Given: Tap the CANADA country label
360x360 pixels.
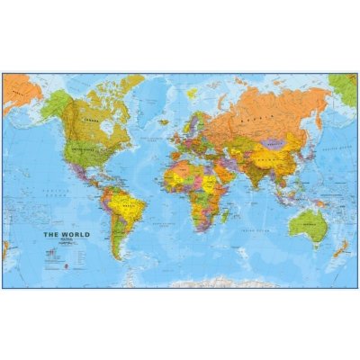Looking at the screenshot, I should [90, 118].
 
